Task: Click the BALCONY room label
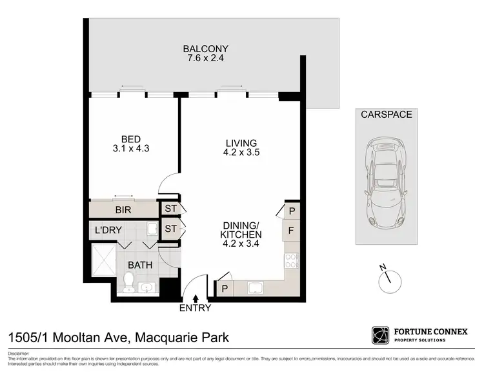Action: (x=206, y=49)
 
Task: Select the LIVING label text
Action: (x=241, y=143)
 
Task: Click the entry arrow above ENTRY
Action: (x=196, y=297)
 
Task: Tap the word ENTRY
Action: (x=196, y=309)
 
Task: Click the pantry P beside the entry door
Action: (x=225, y=289)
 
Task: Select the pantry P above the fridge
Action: (x=292, y=210)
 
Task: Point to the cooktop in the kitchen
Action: (x=292, y=260)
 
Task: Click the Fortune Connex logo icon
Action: (x=380, y=335)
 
